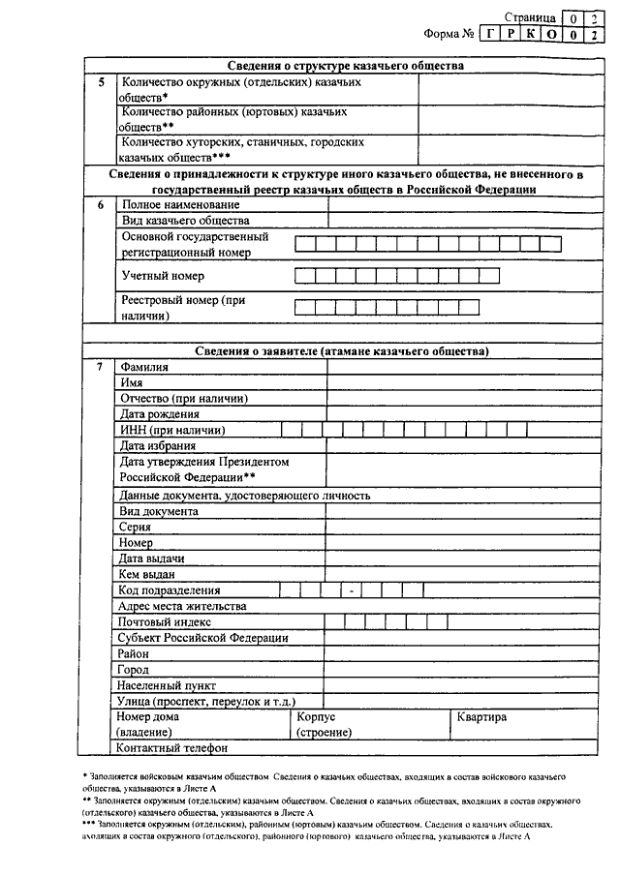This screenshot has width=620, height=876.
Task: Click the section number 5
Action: click(101, 82)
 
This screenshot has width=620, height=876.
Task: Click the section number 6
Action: click(101, 204)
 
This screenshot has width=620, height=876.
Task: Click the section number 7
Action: click(101, 367)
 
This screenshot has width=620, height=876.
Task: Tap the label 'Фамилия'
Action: click(142, 367)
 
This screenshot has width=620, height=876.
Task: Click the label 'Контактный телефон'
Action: click(171, 747)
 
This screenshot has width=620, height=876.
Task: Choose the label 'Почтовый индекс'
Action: click(165, 621)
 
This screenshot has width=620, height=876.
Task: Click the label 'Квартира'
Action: click(481, 717)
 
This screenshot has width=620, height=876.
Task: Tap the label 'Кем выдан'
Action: click(146, 574)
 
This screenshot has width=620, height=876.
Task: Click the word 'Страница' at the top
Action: click(530, 16)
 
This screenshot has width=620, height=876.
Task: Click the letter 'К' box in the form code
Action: click(530, 34)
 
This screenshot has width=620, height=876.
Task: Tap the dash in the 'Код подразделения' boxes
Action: click(353, 589)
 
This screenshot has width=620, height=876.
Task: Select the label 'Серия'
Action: click(136, 527)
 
